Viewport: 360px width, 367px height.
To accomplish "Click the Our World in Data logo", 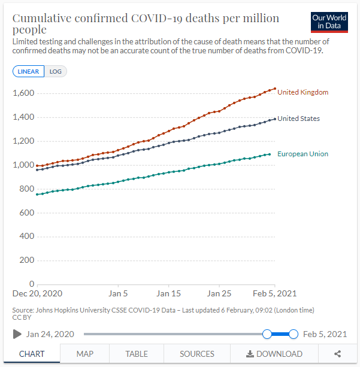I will tap(329, 22).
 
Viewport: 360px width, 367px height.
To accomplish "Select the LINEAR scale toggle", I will tap(28, 71).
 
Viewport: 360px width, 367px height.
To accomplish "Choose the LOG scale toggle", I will tap(56, 71).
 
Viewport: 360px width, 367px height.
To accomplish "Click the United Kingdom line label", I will tap(302, 92).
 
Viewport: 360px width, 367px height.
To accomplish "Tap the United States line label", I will tap(298, 119).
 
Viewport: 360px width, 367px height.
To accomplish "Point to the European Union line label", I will tap(302, 154).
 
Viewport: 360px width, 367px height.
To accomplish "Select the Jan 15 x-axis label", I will tap(169, 294).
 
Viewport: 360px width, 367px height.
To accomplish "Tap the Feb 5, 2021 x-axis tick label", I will tap(274, 294).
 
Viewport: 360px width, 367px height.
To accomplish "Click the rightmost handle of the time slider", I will tap(294, 334).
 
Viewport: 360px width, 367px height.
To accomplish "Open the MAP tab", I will tap(84, 354).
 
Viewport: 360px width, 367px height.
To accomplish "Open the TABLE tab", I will tap(137, 354).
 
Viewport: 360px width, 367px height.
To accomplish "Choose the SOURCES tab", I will tap(197, 354).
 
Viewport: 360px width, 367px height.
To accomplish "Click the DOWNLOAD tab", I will tap(274, 354).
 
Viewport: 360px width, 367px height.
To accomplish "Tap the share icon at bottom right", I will tap(338, 354).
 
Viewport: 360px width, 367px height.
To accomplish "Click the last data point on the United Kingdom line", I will tap(274, 89).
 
